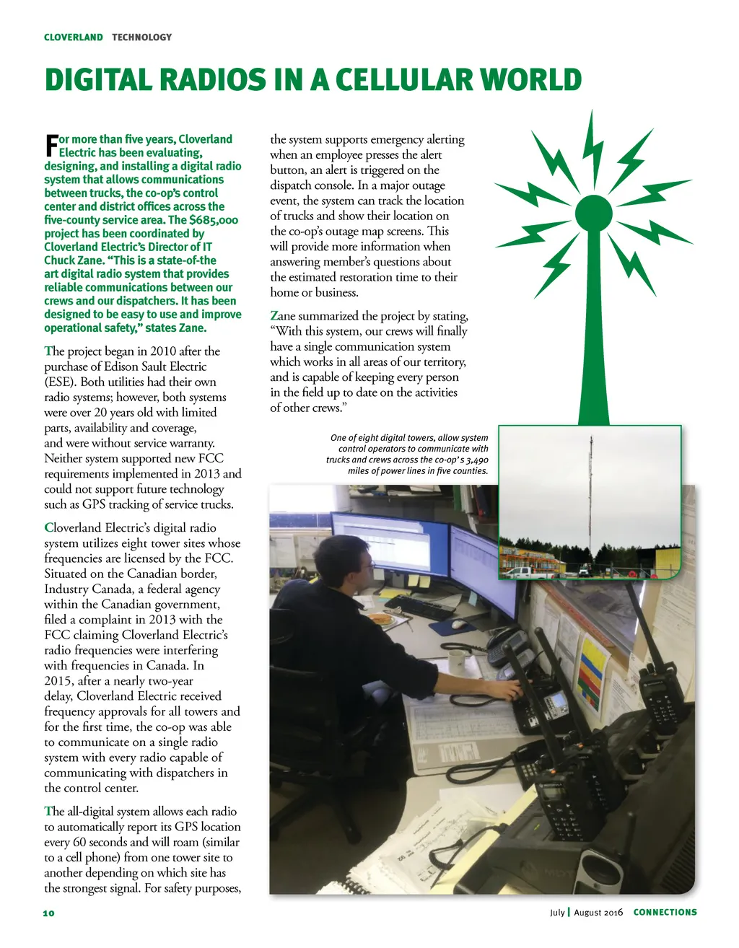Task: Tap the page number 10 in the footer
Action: click(x=48, y=913)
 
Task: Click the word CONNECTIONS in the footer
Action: click(x=665, y=913)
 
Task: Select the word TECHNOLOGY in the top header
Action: click(x=141, y=38)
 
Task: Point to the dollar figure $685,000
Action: click(x=214, y=220)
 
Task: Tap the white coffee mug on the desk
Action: click(x=456, y=659)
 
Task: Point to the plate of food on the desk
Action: click(x=381, y=618)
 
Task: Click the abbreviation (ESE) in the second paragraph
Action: click(x=61, y=382)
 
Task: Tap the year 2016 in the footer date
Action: click(x=613, y=913)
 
